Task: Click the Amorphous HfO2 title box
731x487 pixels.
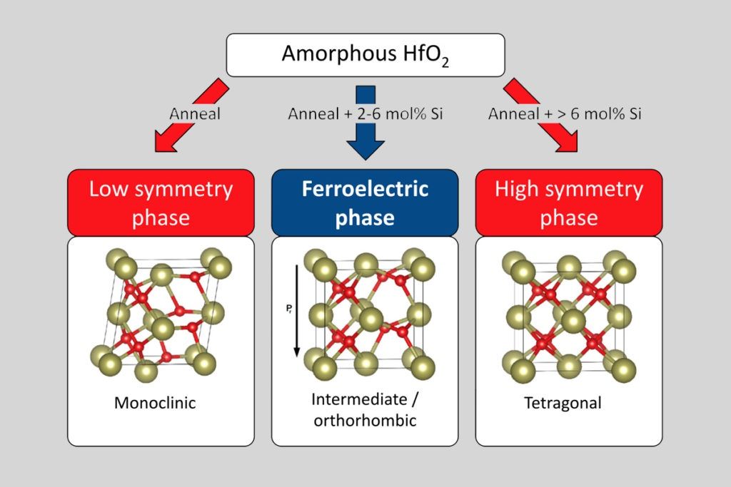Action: click(x=365, y=55)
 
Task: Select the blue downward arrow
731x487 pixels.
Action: click(x=365, y=123)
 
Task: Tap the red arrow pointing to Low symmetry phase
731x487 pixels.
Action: click(x=191, y=115)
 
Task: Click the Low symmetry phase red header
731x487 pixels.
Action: click(x=161, y=203)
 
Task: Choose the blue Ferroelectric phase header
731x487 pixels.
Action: click(x=365, y=203)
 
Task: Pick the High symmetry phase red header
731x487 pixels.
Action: click(x=569, y=203)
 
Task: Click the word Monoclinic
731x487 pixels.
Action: click(x=155, y=403)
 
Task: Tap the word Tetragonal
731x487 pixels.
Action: click(x=563, y=403)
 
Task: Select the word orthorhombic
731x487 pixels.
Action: click(x=365, y=421)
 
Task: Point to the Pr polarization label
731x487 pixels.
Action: click(x=289, y=308)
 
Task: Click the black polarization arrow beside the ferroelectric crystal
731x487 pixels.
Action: click(x=296, y=311)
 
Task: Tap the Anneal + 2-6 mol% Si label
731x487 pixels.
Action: click(x=365, y=113)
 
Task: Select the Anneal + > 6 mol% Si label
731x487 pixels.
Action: click(x=565, y=113)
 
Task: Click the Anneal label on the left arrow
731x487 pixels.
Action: click(x=195, y=113)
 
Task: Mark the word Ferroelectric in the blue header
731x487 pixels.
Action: click(x=365, y=188)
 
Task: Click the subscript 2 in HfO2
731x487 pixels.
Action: click(x=445, y=62)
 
